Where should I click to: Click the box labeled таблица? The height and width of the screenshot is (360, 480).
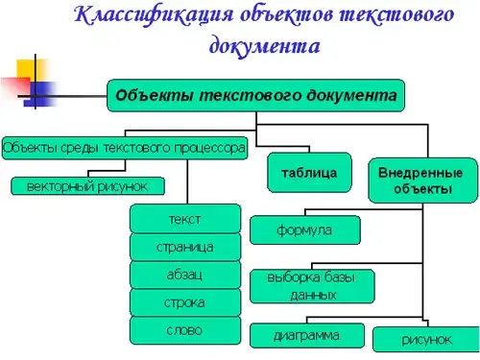pyautogui.click(x=309, y=173)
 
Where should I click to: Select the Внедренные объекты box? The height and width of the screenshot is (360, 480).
pyautogui.click(x=422, y=180)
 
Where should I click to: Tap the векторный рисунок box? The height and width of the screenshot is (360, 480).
pyautogui.click(x=88, y=186)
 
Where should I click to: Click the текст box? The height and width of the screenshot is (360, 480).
pyautogui.click(x=185, y=219)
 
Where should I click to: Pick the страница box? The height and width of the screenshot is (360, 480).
pyautogui.click(x=185, y=247)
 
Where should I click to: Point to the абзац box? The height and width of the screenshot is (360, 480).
pyautogui.click(x=185, y=275)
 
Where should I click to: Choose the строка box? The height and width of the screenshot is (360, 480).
pyautogui.click(x=185, y=302)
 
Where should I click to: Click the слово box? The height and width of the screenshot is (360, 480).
pyautogui.click(x=185, y=330)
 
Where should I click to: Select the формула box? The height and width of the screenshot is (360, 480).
pyautogui.click(x=305, y=230)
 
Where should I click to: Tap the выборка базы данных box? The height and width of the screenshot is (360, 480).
pyautogui.click(x=312, y=286)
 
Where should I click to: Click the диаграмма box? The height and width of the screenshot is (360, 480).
pyautogui.click(x=307, y=336)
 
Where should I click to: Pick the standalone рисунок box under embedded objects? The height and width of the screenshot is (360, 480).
pyautogui.click(x=426, y=339)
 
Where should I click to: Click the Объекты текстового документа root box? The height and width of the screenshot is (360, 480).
pyautogui.click(x=255, y=95)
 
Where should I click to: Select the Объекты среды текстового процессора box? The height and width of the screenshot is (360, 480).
pyautogui.click(x=125, y=148)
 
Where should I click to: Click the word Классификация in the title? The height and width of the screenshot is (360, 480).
pyautogui.click(x=154, y=16)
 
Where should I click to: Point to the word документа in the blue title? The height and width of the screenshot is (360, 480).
pyautogui.click(x=265, y=46)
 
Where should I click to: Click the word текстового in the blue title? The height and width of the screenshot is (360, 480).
pyautogui.click(x=396, y=14)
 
